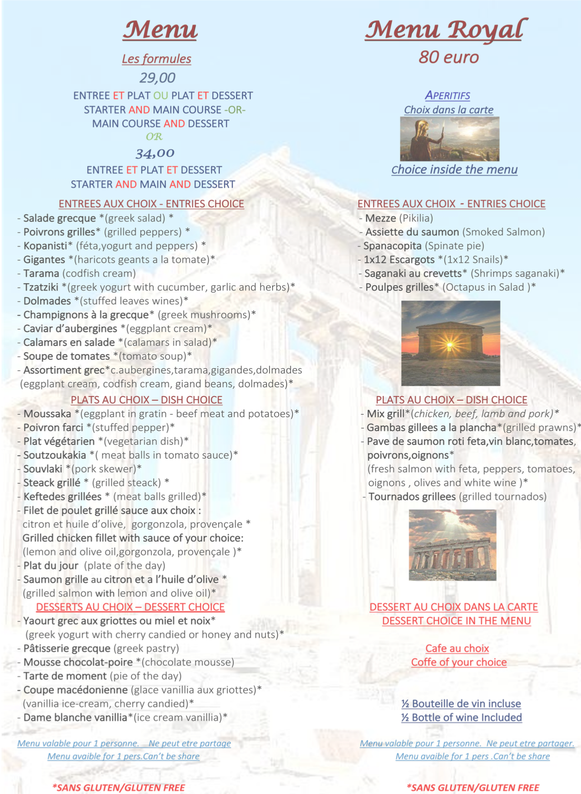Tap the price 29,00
[x=157, y=78]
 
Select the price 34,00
[x=155, y=153]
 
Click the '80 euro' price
[x=448, y=57]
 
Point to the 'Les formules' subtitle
[x=156, y=59]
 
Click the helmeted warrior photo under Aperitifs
[x=449, y=139]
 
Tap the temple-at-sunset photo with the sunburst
[x=450, y=343]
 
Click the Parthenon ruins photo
[x=452, y=545]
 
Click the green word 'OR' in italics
[x=154, y=136]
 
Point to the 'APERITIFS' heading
[x=447, y=96]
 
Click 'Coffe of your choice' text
[x=459, y=662]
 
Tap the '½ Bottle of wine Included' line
[x=461, y=717]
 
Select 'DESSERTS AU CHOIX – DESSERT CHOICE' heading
[x=130, y=607]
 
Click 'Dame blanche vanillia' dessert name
[x=75, y=717]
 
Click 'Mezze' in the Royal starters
[x=380, y=219]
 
